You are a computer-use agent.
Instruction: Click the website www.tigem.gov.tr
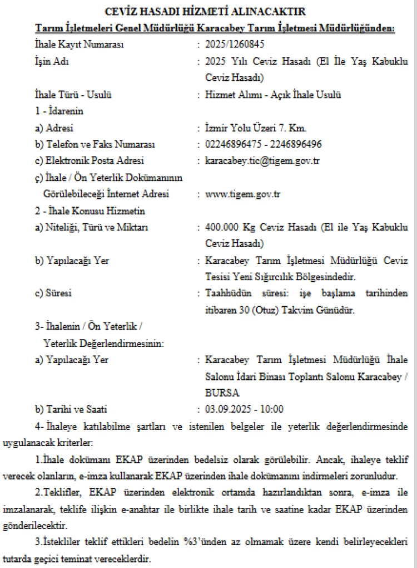click(242, 194)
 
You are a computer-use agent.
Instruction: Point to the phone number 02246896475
click(230, 145)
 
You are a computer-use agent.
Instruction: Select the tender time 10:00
click(272, 410)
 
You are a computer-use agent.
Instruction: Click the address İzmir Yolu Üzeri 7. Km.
click(255, 128)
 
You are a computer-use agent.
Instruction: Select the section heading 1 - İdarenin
click(59, 111)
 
